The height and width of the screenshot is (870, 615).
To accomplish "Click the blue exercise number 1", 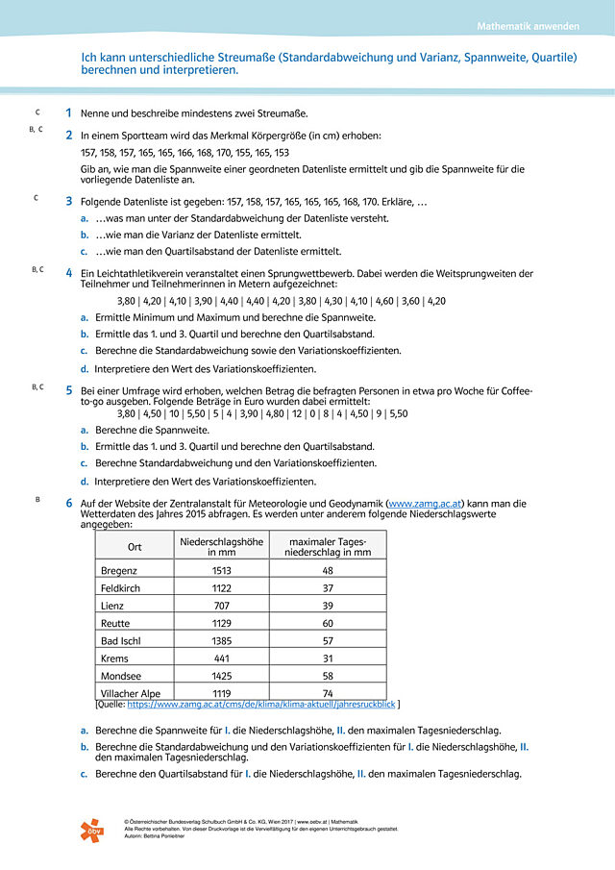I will pos(68,113).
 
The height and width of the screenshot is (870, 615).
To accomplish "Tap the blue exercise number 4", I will pos(68,273).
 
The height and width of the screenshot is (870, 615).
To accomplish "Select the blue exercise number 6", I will pos(68,503).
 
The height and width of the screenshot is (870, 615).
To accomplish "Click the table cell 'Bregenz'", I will pos(119,570).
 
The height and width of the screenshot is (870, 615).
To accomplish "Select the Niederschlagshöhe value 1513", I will pos(221,570).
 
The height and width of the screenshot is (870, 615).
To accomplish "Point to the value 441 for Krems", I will pos(221,659).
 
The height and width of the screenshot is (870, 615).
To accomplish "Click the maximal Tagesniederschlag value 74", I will pos(328,693).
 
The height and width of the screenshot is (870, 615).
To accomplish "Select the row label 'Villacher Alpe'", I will pos(132,693).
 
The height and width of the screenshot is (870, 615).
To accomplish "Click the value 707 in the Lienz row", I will pos(221,606).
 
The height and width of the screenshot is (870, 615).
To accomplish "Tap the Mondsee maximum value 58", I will pos(328,676).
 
